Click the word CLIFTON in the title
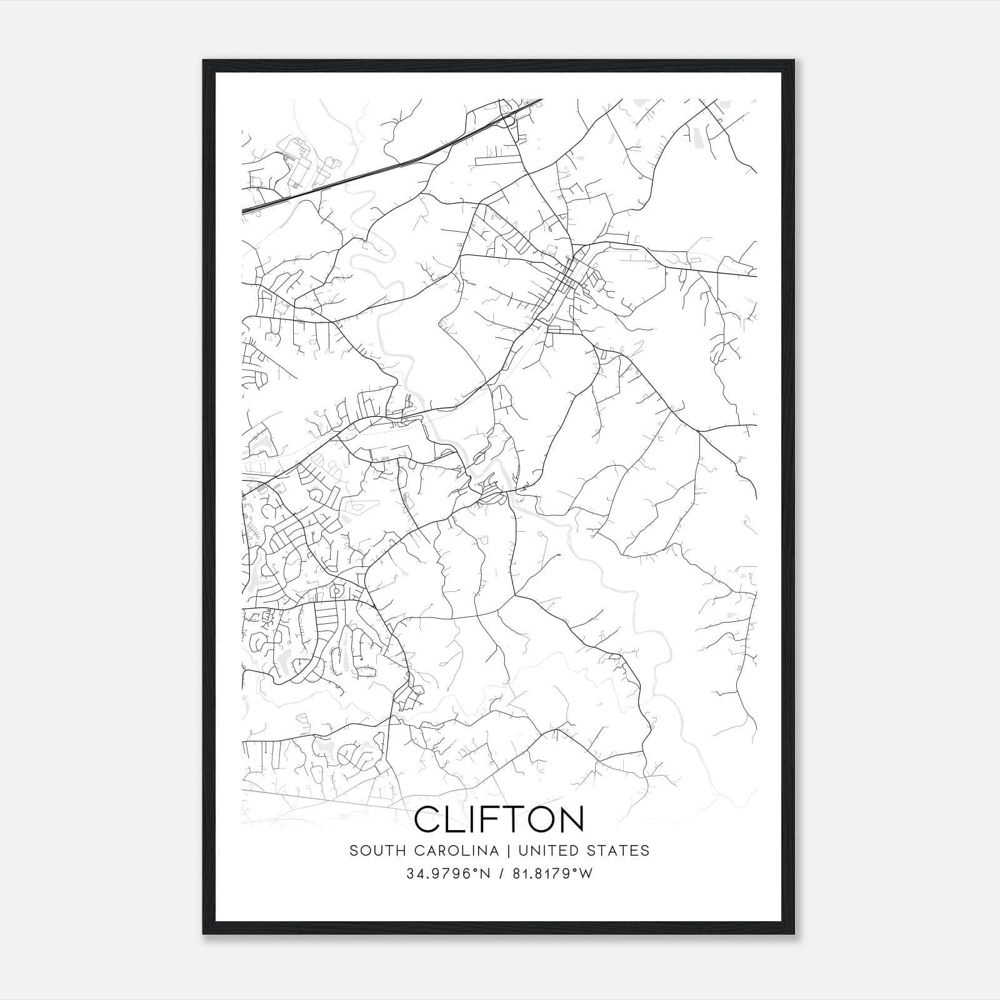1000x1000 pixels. [x=499, y=819]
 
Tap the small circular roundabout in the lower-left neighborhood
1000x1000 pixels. [x=336, y=589]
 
